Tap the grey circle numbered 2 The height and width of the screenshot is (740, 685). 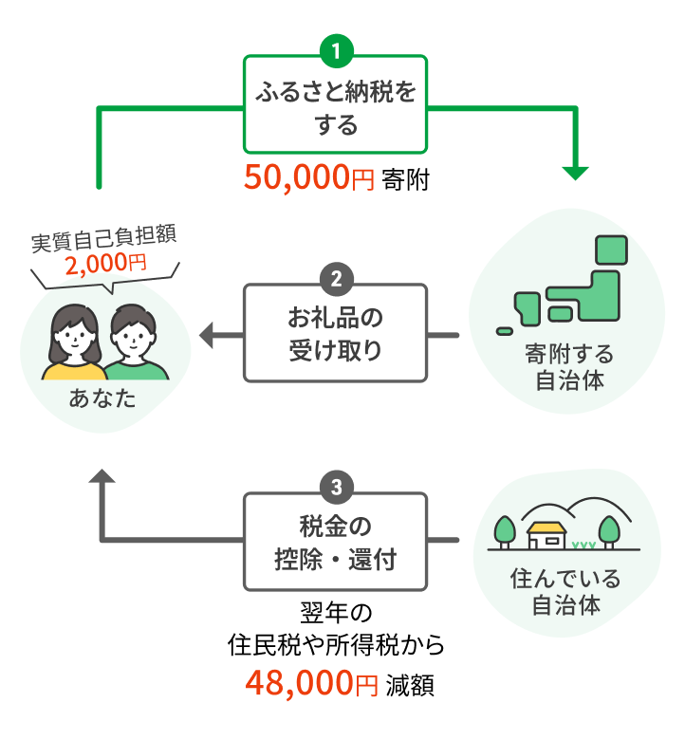[336, 280]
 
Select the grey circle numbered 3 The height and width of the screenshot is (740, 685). [336, 488]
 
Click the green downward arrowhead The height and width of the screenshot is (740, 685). [575, 173]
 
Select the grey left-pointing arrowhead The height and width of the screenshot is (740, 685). [208, 333]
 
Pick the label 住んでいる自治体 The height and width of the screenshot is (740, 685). [565, 590]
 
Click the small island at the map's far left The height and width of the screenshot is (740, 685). [505, 330]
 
